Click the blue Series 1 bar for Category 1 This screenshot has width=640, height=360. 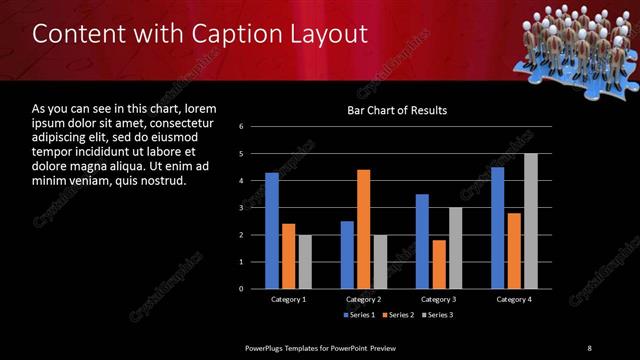click(x=272, y=230)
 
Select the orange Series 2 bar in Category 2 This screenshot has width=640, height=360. click(x=363, y=229)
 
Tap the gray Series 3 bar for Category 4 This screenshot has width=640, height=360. click(x=530, y=221)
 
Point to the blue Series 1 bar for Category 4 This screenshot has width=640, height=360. click(x=497, y=228)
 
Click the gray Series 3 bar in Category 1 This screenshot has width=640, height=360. click(x=305, y=261)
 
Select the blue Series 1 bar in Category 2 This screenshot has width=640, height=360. click(x=347, y=254)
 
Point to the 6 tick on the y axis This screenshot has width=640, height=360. click(x=242, y=127)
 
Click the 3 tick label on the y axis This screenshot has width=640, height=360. click(x=242, y=208)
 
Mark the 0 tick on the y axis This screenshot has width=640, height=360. click(x=242, y=289)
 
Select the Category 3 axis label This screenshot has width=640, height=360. click(x=438, y=299)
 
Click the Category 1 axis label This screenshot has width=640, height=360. click(x=289, y=299)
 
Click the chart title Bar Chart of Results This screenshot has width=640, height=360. click(x=397, y=110)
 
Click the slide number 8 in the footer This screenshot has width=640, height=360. click(x=589, y=347)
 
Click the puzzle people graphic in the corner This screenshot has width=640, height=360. click(x=572, y=40)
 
